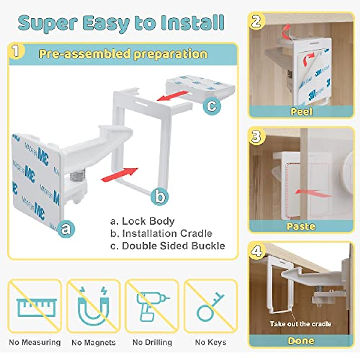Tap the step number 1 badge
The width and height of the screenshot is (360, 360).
(x=16, y=51)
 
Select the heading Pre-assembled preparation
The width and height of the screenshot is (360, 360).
(x=123, y=54)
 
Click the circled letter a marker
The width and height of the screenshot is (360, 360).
(x=66, y=229)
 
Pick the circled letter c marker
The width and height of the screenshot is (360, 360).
(x=212, y=106)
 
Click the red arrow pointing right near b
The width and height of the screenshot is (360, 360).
(x=120, y=175)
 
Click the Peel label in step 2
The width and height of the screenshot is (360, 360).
(x=301, y=112)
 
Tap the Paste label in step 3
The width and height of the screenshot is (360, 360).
(x=301, y=226)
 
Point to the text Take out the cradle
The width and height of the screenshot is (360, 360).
(x=301, y=324)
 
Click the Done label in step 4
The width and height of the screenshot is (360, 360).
(x=301, y=341)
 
